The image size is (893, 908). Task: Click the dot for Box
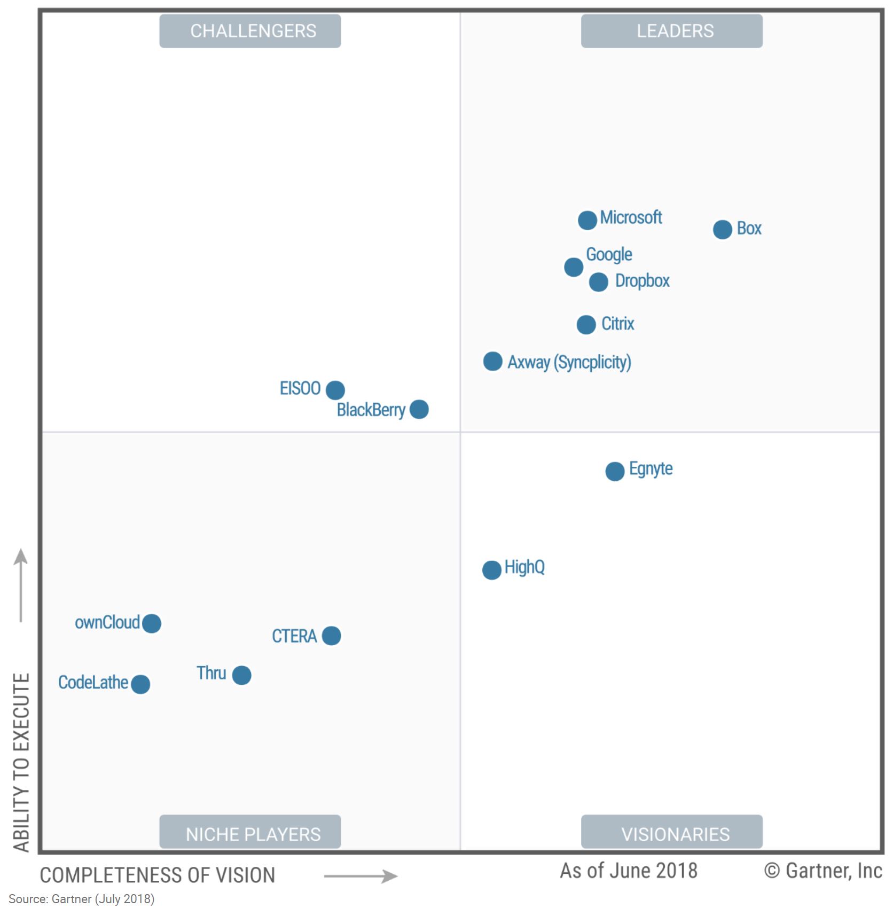(x=722, y=230)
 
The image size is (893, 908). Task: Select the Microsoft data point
(x=587, y=220)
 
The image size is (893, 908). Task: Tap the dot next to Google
(x=573, y=267)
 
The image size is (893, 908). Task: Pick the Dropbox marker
(x=598, y=282)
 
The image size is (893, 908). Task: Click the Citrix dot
(x=586, y=325)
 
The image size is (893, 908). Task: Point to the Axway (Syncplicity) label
(x=569, y=362)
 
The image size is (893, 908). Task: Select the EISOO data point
(x=335, y=390)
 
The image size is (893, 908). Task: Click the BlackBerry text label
(x=371, y=410)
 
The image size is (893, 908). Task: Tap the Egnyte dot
(x=615, y=471)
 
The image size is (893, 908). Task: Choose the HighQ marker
(x=491, y=570)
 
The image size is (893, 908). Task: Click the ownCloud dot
(x=152, y=623)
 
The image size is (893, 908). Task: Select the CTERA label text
(x=294, y=636)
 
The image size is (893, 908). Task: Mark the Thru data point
(x=241, y=675)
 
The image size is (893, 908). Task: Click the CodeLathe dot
(x=140, y=684)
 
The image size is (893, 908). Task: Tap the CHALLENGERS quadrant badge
(x=250, y=31)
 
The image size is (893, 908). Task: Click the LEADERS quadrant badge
(x=671, y=31)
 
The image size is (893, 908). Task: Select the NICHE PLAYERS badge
(x=250, y=834)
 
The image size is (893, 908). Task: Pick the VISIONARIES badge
(x=671, y=834)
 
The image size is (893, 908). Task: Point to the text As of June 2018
(x=628, y=871)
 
